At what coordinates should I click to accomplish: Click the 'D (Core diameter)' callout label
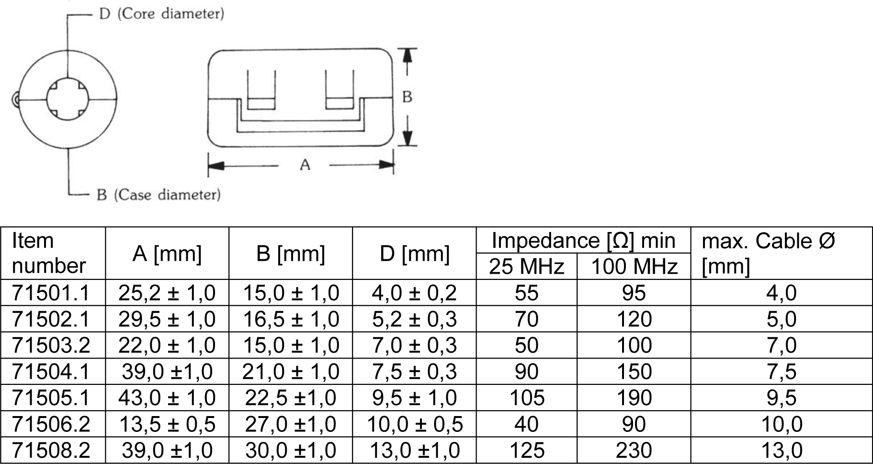[x=161, y=13]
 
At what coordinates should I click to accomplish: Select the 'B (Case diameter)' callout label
[x=159, y=195]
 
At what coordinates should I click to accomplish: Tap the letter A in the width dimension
[x=305, y=165]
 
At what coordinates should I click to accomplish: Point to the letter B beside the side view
[x=407, y=97]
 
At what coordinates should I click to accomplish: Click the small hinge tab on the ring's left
[x=15, y=100]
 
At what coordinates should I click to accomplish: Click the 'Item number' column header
[x=48, y=253]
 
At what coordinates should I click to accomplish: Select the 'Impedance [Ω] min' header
[x=583, y=240]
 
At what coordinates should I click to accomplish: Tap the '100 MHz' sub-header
[x=634, y=267]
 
